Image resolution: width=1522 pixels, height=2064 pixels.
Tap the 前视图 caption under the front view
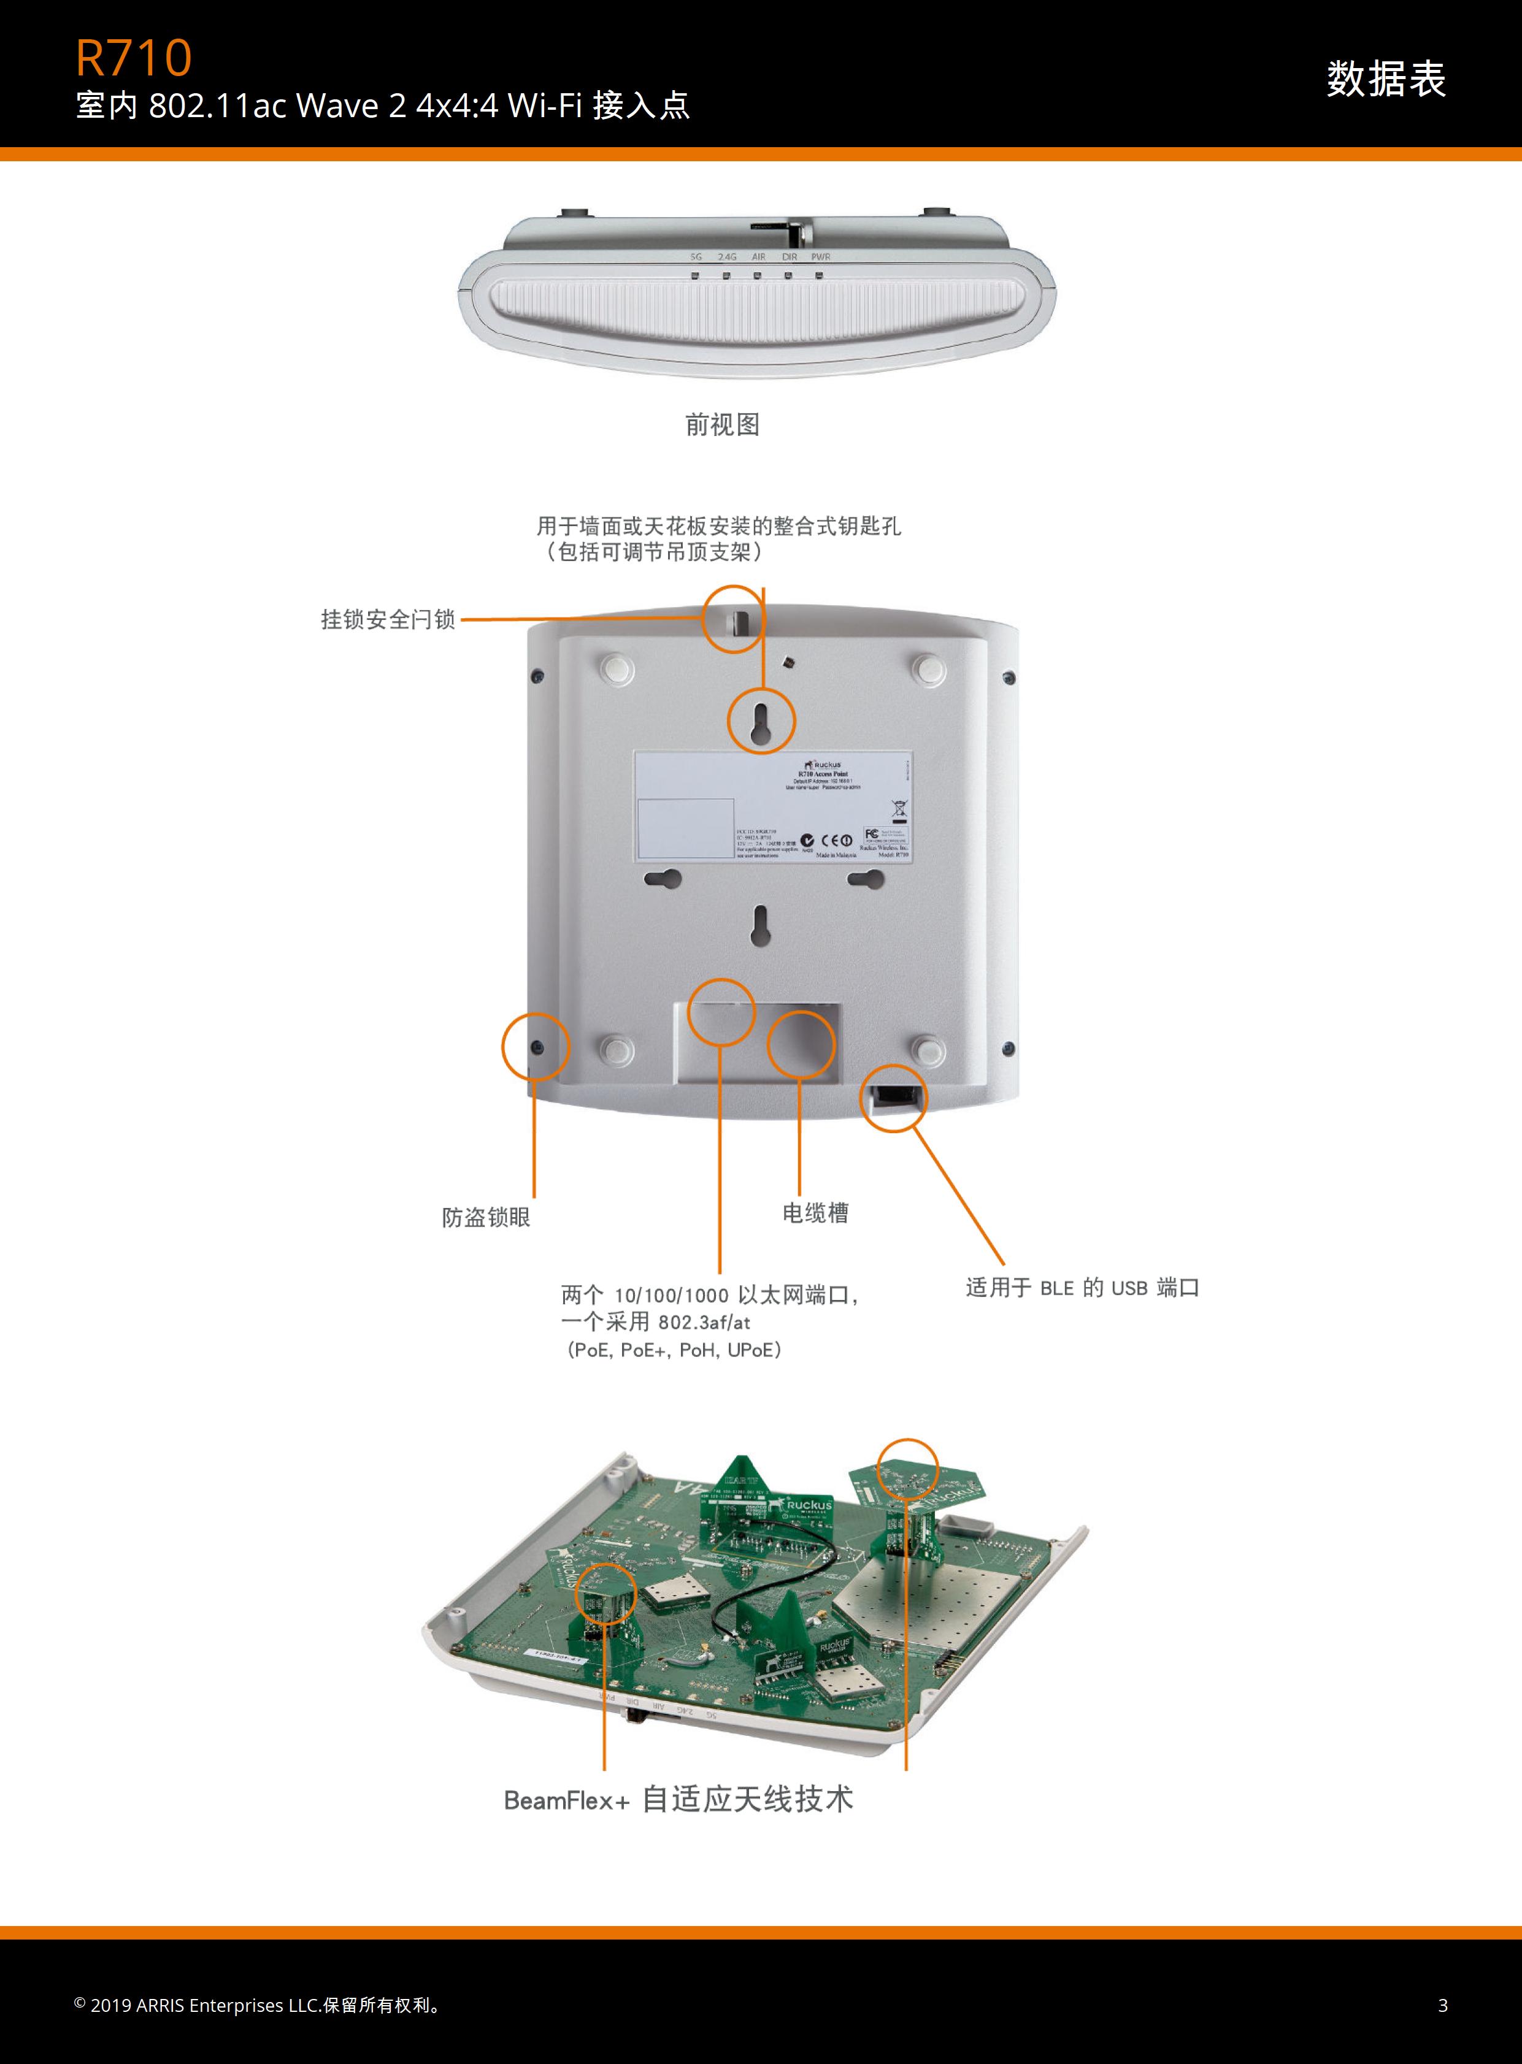pos(722,424)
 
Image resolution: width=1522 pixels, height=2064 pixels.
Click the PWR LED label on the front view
pos(820,257)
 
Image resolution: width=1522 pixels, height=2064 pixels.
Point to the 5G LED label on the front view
pos(696,257)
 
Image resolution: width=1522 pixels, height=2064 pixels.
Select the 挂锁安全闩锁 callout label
pos(388,620)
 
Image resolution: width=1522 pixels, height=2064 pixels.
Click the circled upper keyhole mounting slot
pos(761,721)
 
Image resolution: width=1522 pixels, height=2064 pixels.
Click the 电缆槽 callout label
pos(815,1213)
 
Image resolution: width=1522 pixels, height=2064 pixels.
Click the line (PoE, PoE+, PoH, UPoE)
pos(674,1350)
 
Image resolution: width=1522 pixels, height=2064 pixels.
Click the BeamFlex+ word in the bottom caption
pos(566,1800)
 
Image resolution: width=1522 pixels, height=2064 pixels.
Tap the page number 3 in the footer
pos(1443,2005)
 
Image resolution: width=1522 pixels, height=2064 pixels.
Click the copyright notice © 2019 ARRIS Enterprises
pos(258,2005)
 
